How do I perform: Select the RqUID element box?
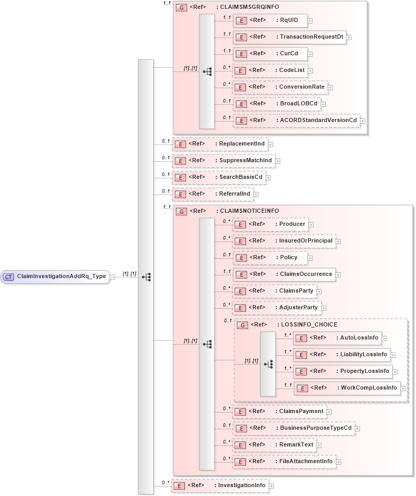coord(270,20)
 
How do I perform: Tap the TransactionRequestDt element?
coord(289,37)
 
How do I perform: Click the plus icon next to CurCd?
coord(310,54)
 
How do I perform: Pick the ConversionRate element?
coord(279,87)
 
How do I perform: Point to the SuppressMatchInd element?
coord(223,161)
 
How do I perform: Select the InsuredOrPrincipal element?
coord(284,241)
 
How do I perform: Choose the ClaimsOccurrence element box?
coord(284,274)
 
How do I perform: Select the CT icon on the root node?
coord(9,277)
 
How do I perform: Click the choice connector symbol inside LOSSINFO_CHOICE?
coord(268,364)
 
